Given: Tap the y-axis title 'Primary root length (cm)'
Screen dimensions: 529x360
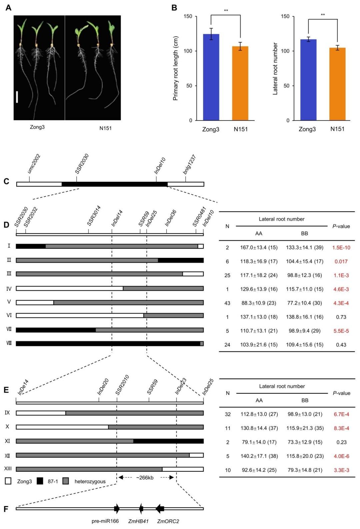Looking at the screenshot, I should coord(176,68).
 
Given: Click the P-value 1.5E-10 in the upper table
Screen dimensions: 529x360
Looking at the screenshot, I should coord(341,248).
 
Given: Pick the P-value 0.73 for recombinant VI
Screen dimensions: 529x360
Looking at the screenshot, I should coord(341,317).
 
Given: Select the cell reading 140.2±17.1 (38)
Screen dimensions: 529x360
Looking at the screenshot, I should coord(259,456).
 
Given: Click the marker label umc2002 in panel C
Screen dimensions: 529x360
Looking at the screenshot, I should coord(34,164).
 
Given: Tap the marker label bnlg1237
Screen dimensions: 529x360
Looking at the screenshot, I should coord(189,165).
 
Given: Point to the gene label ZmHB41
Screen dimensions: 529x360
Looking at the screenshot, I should coord(138,521).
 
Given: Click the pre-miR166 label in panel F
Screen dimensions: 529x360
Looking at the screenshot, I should coord(105,521).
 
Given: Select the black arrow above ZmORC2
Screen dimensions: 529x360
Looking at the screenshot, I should coord(160,508).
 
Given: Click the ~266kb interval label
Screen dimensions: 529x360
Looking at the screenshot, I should coord(145,477).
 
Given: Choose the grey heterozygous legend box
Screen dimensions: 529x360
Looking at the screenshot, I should coord(66,481).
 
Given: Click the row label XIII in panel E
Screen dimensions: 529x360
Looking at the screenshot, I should coord(8,469).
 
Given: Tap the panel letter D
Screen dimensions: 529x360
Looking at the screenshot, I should coord(6,225).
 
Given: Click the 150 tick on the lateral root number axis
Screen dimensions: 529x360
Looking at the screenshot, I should coord(285,16).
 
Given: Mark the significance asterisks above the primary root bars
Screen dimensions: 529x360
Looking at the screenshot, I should coord(226,11).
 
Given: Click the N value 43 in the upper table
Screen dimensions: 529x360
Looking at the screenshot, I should coord(227,303).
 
